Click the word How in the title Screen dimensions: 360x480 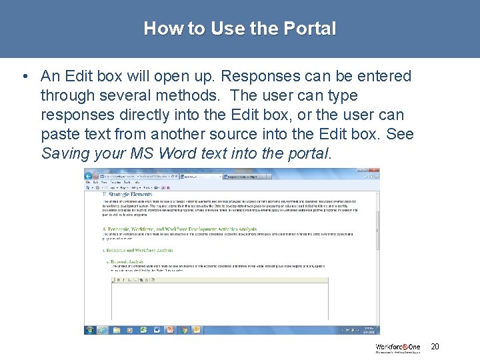(158, 29)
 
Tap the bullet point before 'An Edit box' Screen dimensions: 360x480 (24, 77)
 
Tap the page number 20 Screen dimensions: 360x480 (435, 347)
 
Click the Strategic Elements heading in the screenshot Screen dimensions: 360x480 (127, 195)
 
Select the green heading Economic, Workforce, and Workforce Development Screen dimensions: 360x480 (167, 229)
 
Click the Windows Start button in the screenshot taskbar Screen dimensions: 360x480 (89, 329)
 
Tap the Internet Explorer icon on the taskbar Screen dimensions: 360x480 (103, 329)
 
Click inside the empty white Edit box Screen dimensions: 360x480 (220, 303)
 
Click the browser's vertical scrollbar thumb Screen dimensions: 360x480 (378, 227)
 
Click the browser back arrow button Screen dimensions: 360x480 (89, 176)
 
